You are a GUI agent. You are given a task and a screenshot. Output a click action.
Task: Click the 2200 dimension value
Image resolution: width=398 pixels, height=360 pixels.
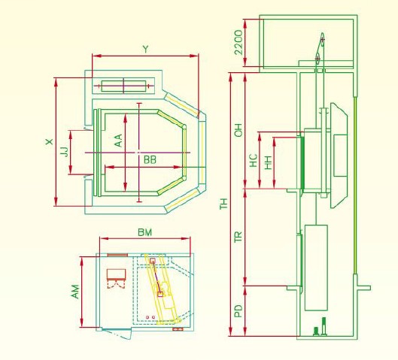point(238,42)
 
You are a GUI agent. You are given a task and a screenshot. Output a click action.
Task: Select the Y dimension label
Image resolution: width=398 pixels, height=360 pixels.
point(145,49)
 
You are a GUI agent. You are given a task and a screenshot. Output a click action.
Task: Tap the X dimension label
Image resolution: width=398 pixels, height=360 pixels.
point(50,141)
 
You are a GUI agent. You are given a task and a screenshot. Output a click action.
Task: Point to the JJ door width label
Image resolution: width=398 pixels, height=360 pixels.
point(65,152)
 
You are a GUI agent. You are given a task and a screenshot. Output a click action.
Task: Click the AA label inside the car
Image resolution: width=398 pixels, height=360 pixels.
point(118,141)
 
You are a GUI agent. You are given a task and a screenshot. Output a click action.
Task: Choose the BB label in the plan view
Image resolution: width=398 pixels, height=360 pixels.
point(150,160)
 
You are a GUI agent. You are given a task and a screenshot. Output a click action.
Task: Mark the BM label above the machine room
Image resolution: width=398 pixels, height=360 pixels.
point(145,232)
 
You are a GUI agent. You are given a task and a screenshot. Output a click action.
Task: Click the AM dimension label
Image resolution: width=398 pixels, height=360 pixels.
point(75,292)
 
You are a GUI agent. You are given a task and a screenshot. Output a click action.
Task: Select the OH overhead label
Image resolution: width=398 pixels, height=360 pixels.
point(238,130)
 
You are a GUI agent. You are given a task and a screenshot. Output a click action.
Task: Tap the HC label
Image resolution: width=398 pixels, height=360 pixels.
point(254,160)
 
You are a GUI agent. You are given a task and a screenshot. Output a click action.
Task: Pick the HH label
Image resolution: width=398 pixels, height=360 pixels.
point(269,162)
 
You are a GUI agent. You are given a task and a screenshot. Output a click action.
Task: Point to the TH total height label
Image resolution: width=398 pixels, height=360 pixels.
point(223,204)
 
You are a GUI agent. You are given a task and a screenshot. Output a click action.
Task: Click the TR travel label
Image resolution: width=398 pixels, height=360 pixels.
point(238,237)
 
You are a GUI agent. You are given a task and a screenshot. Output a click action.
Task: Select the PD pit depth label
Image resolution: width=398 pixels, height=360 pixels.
point(238,311)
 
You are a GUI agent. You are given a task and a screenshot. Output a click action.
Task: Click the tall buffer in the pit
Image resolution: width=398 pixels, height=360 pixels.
point(324,326)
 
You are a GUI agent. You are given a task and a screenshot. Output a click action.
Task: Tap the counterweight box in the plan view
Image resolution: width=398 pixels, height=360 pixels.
point(123,86)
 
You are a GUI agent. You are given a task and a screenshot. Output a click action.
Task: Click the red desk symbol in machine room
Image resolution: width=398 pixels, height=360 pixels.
point(117,274)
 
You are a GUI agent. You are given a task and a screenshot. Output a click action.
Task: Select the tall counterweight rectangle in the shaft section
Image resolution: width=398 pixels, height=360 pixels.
point(316,268)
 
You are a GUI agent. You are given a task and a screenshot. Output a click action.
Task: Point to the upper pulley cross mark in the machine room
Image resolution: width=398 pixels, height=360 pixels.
point(322,40)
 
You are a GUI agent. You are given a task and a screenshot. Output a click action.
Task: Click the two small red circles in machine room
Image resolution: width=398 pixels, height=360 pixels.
point(150,317)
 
